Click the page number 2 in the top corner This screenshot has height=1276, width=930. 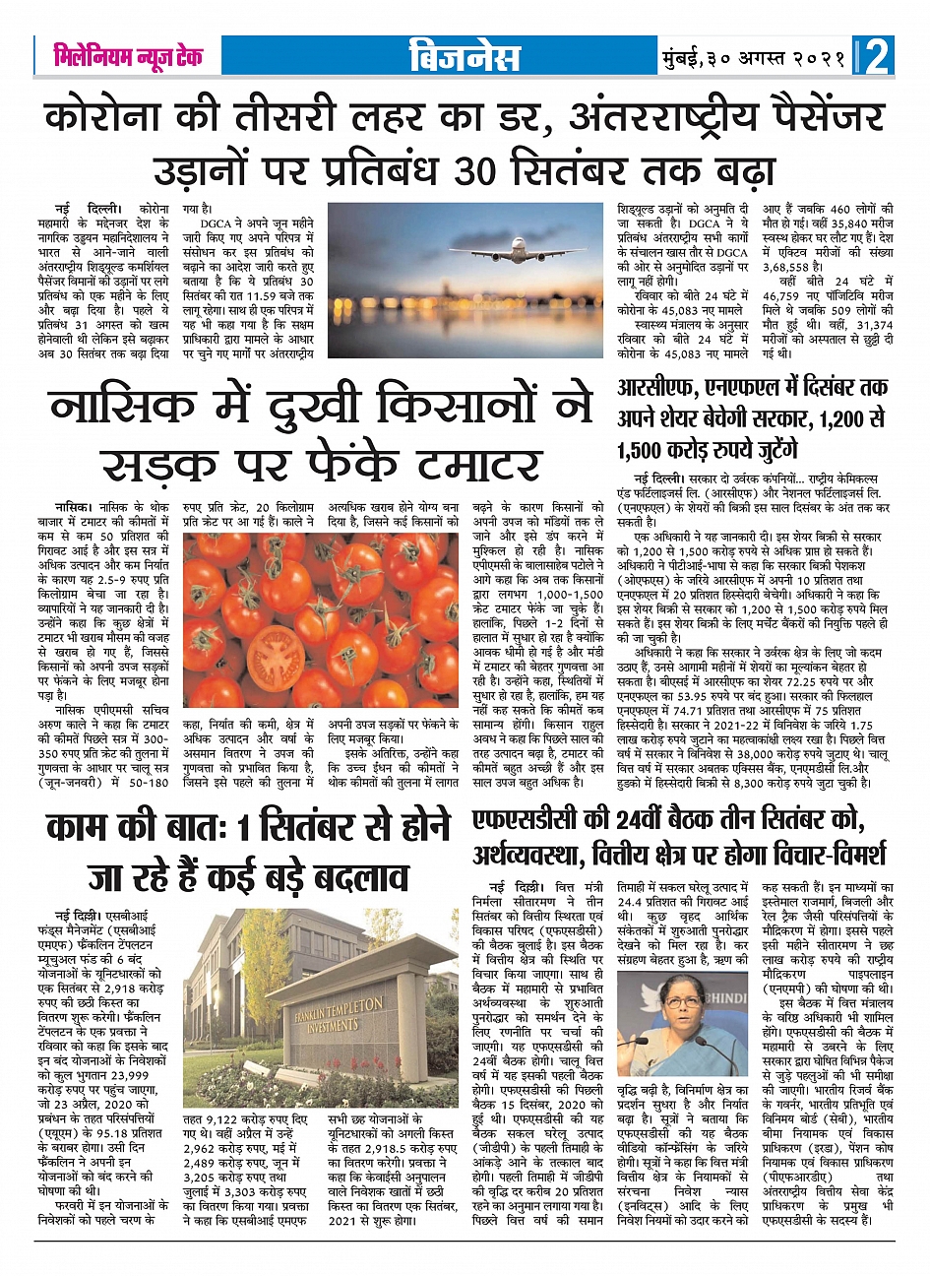click(x=878, y=56)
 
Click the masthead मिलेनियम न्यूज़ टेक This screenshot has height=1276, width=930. click(x=128, y=56)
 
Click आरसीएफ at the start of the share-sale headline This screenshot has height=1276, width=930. click(x=655, y=388)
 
